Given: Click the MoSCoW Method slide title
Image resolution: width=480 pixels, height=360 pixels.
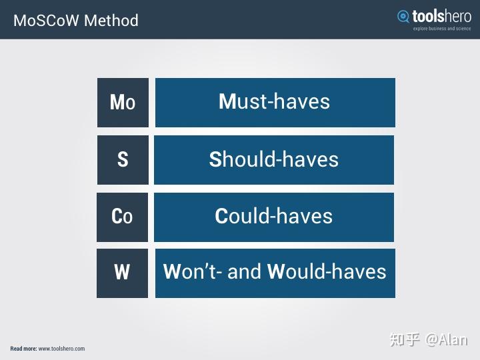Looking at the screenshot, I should point(76,21).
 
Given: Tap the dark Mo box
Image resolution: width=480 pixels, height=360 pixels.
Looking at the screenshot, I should point(123,103).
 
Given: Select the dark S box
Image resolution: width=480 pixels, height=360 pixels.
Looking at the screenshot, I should point(123,160).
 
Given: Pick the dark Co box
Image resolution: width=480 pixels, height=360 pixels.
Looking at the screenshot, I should point(122,217).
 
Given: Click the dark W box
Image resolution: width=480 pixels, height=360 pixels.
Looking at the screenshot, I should point(122,273).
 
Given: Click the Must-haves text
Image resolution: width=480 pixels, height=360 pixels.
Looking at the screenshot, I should point(275,102).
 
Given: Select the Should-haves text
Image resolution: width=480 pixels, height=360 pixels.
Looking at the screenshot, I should point(274,159).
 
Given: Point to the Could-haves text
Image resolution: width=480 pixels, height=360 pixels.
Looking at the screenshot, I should point(273,217).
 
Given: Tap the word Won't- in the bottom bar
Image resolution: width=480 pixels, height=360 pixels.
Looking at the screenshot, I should point(192,272).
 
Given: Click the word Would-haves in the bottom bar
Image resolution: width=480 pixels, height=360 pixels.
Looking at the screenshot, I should point(327,272).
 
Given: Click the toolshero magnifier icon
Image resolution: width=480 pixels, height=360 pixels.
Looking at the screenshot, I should point(403,17).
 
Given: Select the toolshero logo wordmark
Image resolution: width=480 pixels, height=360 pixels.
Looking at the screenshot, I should point(441,16).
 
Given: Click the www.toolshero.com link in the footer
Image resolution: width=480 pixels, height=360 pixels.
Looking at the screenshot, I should point(61,349).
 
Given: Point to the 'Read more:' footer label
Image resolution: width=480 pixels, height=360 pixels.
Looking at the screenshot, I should point(23,349).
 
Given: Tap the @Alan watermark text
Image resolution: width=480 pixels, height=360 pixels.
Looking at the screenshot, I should point(447,339).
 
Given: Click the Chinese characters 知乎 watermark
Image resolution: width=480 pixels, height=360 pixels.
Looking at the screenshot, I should point(405,339).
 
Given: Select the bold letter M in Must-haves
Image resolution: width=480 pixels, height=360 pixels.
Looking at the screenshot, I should point(228,102).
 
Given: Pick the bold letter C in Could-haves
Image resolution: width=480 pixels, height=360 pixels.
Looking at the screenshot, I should point(222,217).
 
